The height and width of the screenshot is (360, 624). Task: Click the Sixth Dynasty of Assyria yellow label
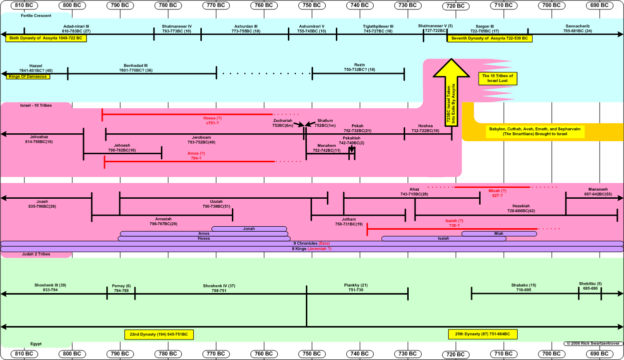point(46,38)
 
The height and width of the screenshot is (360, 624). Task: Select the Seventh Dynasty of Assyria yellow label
point(490,38)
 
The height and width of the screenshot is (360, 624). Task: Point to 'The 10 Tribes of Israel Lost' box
point(497,78)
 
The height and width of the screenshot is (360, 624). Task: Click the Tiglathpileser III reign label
point(378,28)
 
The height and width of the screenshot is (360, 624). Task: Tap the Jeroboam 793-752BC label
point(201,140)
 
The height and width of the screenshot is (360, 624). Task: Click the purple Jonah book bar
point(249,229)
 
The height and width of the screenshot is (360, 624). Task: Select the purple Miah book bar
point(499,234)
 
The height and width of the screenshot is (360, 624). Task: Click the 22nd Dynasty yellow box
point(159,335)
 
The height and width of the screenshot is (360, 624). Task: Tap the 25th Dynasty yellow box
point(482,335)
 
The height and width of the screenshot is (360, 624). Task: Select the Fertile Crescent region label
point(36,15)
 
